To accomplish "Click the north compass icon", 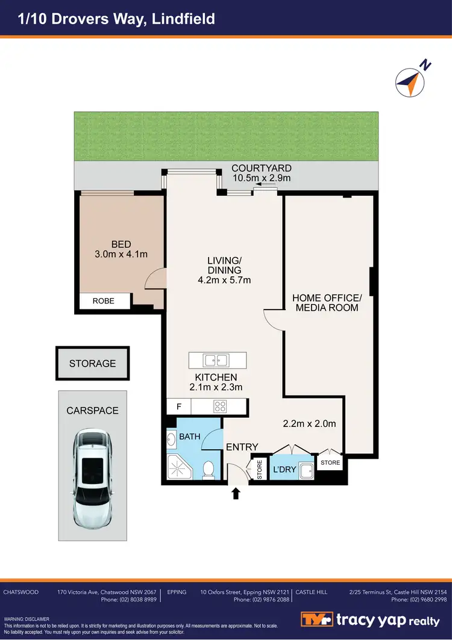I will click(410, 81).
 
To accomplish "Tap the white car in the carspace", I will click(93, 477).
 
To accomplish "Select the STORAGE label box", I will click(92, 364).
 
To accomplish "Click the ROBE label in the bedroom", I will click(103, 301).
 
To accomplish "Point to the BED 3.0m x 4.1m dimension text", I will click(121, 249).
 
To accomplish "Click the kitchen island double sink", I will click(216, 360).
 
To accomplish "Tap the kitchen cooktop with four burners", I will click(220, 406).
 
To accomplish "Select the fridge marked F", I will click(178, 406).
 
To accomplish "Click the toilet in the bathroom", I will click(209, 468).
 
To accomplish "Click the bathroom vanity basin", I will click(171, 439).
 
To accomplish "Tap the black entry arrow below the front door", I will click(236, 494).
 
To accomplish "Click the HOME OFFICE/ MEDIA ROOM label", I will click(326, 302).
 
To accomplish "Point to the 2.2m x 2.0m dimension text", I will click(309, 424).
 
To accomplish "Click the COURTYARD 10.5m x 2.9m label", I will click(262, 173).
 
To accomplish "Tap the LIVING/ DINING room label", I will click(224, 270).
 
